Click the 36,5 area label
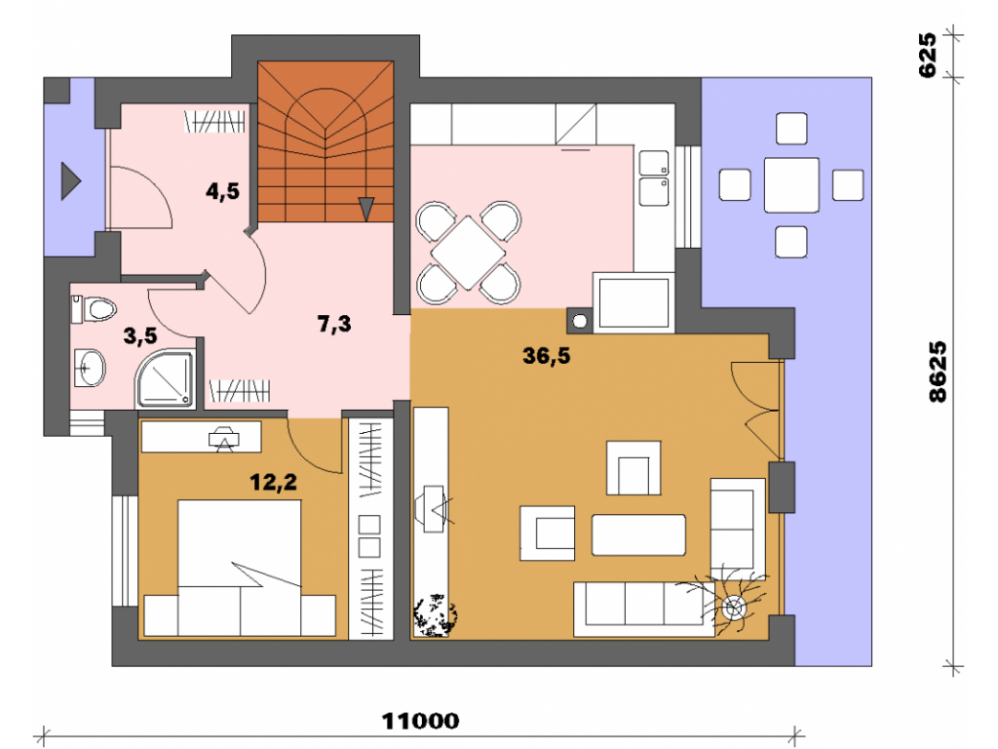coord(546,355)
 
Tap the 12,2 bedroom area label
coord(273,482)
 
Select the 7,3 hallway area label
coord(334,324)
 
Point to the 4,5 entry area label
coord(222,190)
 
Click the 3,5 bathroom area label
coord(140,335)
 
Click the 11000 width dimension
coord(420,721)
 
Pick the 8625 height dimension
coord(938,372)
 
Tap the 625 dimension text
coord(928,56)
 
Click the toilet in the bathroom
coord(94,309)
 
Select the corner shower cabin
coord(165,378)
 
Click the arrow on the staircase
coord(366,209)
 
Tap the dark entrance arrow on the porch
coord(70,180)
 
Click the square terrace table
coord(791,184)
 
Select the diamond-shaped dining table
coord(469,253)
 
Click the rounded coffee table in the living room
coord(638,535)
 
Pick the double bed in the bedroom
coord(240,568)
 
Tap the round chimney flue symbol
coord(580,321)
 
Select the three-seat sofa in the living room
coord(644,609)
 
